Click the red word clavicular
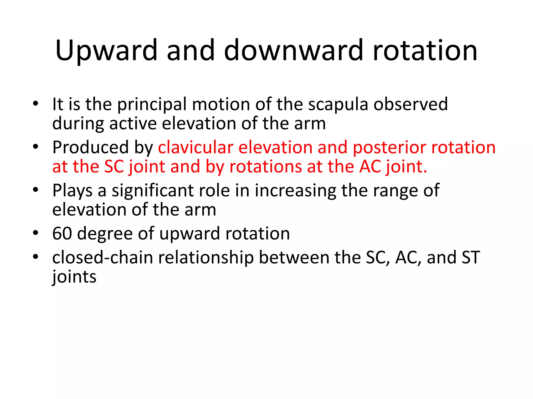pyautogui.click(x=195, y=148)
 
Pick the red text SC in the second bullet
pyautogui.click(x=114, y=167)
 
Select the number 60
pyautogui.click(x=62, y=234)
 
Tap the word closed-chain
pyautogui.click(x=102, y=258)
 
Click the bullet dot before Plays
pyautogui.click(x=36, y=190)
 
